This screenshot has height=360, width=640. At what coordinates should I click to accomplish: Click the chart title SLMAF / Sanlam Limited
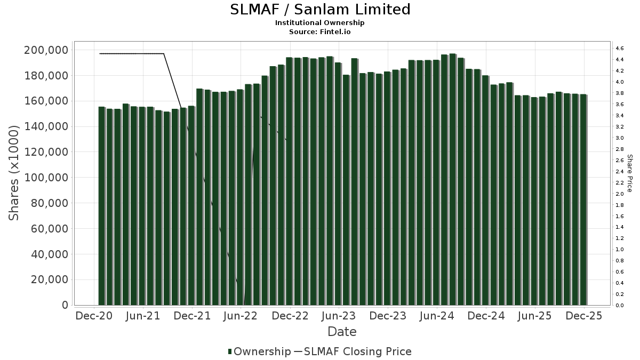(x=320, y=10)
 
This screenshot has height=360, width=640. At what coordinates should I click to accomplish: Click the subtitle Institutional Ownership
(x=320, y=23)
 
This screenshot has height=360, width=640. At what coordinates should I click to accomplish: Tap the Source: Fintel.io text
(x=320, y=31)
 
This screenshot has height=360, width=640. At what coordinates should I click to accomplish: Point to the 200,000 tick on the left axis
(x=46, y=50)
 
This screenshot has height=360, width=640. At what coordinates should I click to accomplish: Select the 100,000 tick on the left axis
(x=46, y=178)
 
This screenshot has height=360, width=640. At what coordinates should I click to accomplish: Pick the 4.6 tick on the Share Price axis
(x=619, y=49)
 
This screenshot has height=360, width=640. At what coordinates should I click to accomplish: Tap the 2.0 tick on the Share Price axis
(x=619, y=194)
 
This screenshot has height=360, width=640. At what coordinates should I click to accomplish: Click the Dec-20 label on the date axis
(x=94, y=316)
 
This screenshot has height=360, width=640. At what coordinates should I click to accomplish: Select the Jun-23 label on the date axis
(x=338, y=316)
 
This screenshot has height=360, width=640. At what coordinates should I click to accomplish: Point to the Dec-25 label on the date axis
(x=583, y=316)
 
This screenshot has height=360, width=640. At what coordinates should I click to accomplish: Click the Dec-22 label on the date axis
(x=290, y=316)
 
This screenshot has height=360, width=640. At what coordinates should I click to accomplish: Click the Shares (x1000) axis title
(x=14, y=173)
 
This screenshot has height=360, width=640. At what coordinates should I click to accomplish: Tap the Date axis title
(x=342, y=332)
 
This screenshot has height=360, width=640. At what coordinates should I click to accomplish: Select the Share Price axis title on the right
(x=629, y=173)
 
